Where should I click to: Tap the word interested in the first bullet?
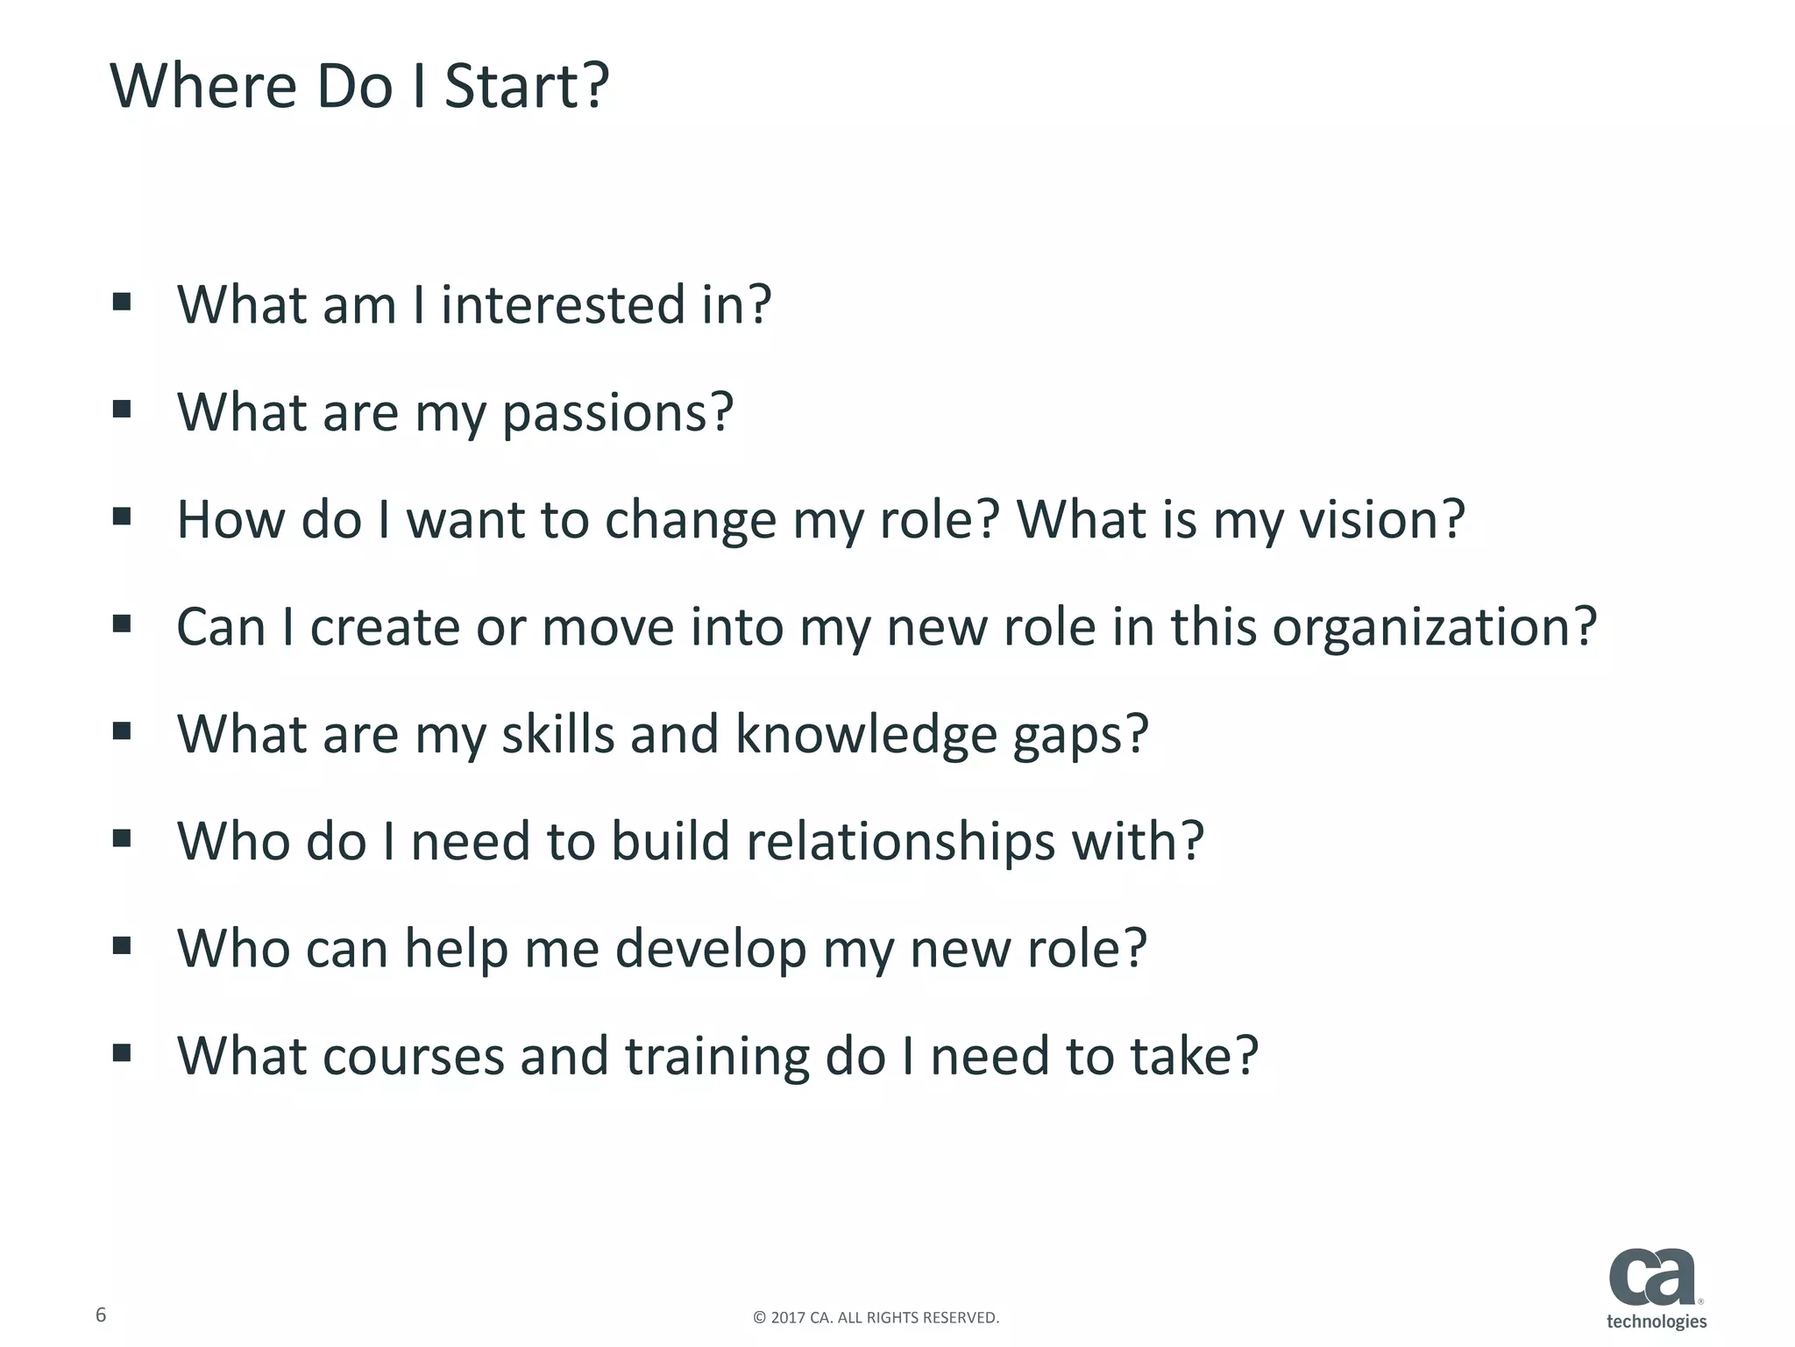tap(563, 305)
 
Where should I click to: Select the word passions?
tap(617, 412)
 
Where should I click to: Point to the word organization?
tap(1434, 628)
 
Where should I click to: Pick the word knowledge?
tap(866, 734)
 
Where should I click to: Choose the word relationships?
tap(900, 842)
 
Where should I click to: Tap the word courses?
tap(414, 1056)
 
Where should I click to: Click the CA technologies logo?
tap(1657, 1288)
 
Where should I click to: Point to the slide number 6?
tap(101, 1315)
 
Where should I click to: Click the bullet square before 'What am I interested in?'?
tap(122, 303)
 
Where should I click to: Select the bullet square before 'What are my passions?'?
tap(122, 410)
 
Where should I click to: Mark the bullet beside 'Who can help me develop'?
tap(122, 945)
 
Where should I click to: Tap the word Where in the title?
tap(203, 87)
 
